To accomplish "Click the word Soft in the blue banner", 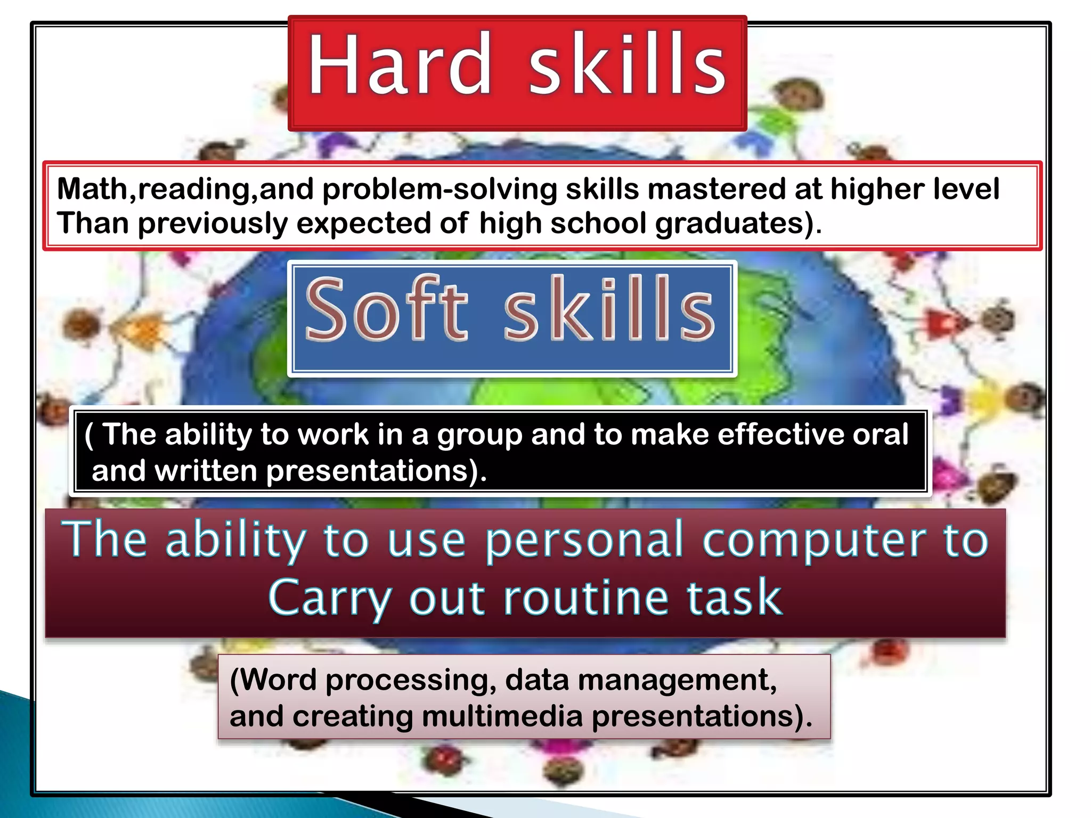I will coord(387,309).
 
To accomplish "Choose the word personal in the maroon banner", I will coord(584,541).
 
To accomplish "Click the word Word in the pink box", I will coord(278,680).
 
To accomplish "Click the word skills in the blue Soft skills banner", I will coord(608,309).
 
